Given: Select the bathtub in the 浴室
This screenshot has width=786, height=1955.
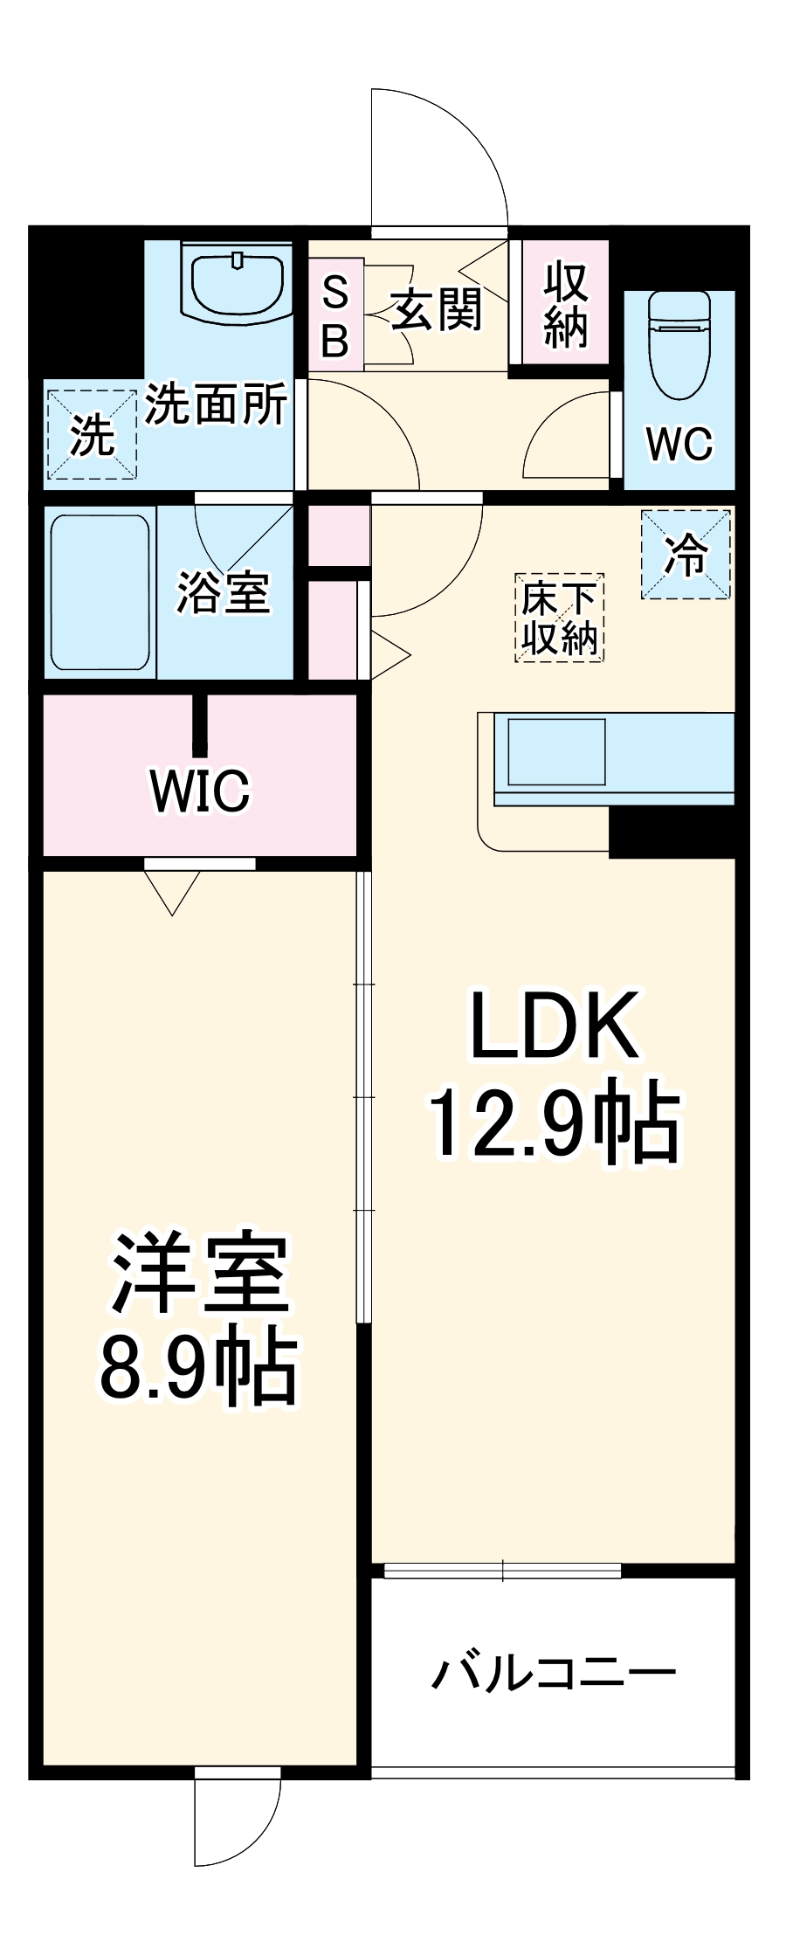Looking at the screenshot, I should tap(100, 591).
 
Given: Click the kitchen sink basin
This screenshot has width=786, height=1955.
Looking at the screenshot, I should tap(556, 750).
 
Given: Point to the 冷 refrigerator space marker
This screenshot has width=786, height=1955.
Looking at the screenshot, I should tap(686, 555).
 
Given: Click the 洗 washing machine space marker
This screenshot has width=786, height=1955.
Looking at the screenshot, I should tap(92, 434).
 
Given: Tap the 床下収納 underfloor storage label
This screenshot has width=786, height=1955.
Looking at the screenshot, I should tap(559, 618).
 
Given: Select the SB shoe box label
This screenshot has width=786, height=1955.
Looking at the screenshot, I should tap(334, 315).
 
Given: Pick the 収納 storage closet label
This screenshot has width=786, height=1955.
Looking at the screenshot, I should tap(565, 305).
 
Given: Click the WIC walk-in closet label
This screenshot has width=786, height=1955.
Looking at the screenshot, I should tap(200, 791).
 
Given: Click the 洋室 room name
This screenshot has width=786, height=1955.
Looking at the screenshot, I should tap(199, 1272).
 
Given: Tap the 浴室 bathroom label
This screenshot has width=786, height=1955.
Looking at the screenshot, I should tap(223, 592).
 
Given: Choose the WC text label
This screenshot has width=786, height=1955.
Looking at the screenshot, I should tap(679, 444).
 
